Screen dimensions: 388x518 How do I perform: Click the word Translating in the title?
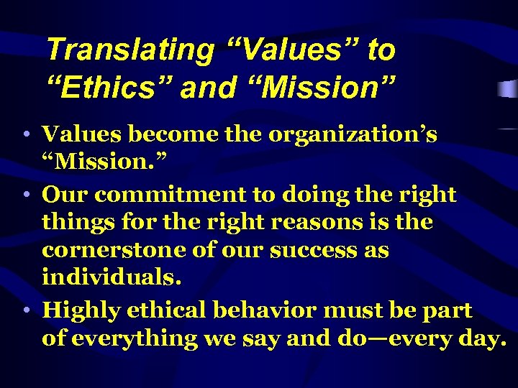pos(129,50)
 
